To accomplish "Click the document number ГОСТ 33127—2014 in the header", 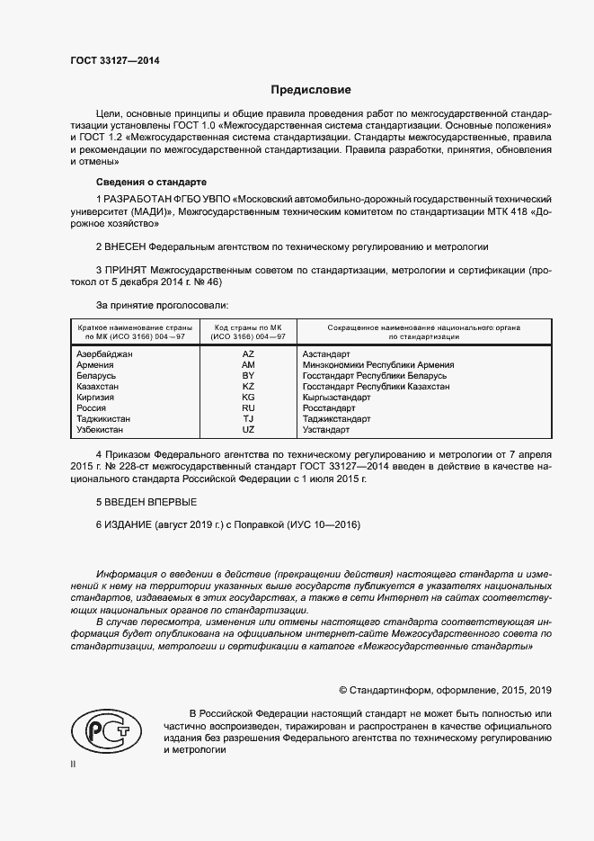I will coord(115,61).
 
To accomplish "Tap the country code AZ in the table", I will coord(248,354).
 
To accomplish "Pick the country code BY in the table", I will coord(248,375).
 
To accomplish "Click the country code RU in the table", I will coord(248,407).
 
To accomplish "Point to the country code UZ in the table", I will coord(248,429).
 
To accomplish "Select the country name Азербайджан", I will coord(105,354).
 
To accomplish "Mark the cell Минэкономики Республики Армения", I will coord(378,365).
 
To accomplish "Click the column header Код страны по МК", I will coord(248,327).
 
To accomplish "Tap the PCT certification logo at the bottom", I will coord(101,729).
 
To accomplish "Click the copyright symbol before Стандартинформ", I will coord(342,690).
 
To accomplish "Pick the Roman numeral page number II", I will coord(74,765).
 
